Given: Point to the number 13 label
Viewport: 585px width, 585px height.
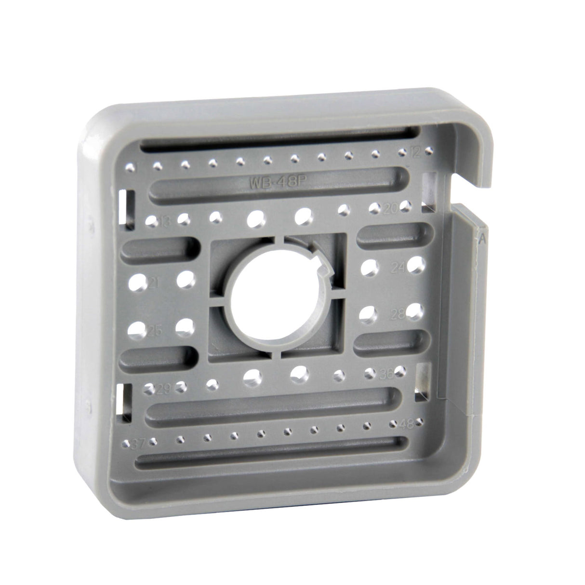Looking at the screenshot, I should tap(165, 222).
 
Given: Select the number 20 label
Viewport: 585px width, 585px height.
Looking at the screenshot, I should tap(391, 208).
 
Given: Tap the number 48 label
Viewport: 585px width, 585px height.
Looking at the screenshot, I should tap(407, 424).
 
